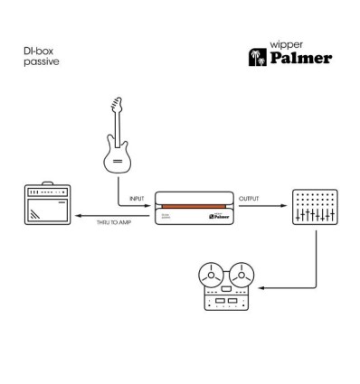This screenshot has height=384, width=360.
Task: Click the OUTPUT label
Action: pos(249,196)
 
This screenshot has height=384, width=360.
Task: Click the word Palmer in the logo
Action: pos(304,59)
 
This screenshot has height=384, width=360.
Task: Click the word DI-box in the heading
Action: pos(37,52)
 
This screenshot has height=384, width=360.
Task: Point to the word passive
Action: pos(39,64)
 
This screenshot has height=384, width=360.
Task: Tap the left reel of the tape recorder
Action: pos(210,272)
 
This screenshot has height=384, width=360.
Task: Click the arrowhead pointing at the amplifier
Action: pos(78,216)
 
